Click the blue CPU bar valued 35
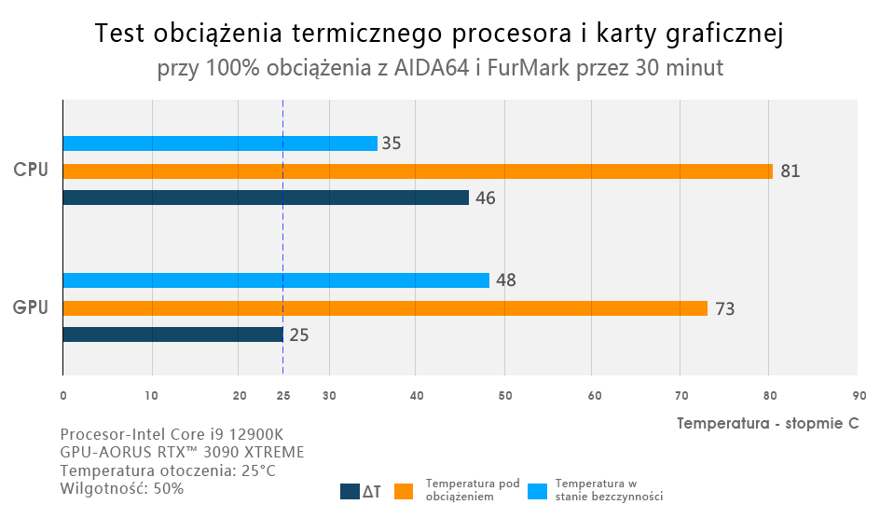pos(219,143)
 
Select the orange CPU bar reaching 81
pos(417,171)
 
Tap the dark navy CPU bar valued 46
pos(265,198)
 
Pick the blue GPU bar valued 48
pos(275,280)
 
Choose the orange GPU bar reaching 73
pos(384,308)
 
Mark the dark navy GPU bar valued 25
pos(172,334)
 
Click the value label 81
pos(791,171)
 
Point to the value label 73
pos(724,308)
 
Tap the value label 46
pos(486,198)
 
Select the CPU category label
pos(30,170)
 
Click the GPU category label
pos(30,307)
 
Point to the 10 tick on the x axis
pos(151,396)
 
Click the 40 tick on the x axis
pos(416,396)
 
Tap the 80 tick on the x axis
pos(769,396)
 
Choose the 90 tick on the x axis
pos(858,396)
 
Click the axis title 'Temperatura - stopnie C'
pos(767,423)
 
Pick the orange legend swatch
pos(404,491)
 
